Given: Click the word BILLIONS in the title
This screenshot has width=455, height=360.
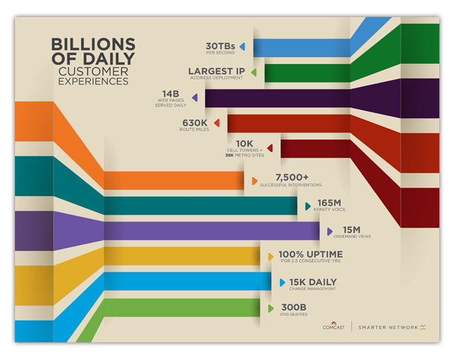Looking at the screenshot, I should [x=93, y=44].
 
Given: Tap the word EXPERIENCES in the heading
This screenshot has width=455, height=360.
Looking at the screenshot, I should [x=93, y=81].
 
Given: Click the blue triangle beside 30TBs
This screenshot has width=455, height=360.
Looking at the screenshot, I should [x=242, y=47].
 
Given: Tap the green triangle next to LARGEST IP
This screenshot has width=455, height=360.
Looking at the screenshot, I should [x=253, y=71].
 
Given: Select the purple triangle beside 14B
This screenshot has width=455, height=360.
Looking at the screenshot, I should [x=195, y=97].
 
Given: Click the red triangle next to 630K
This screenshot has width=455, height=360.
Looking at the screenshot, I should [x=217, y=123].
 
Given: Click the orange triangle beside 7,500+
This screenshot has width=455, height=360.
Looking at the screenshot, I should [x=254, y=181].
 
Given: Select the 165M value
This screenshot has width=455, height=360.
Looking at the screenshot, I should [x=329, y=202].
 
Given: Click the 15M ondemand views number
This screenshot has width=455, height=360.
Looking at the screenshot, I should [x=352, y=229].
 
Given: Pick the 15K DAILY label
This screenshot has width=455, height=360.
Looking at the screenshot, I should [x=313, y=282].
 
